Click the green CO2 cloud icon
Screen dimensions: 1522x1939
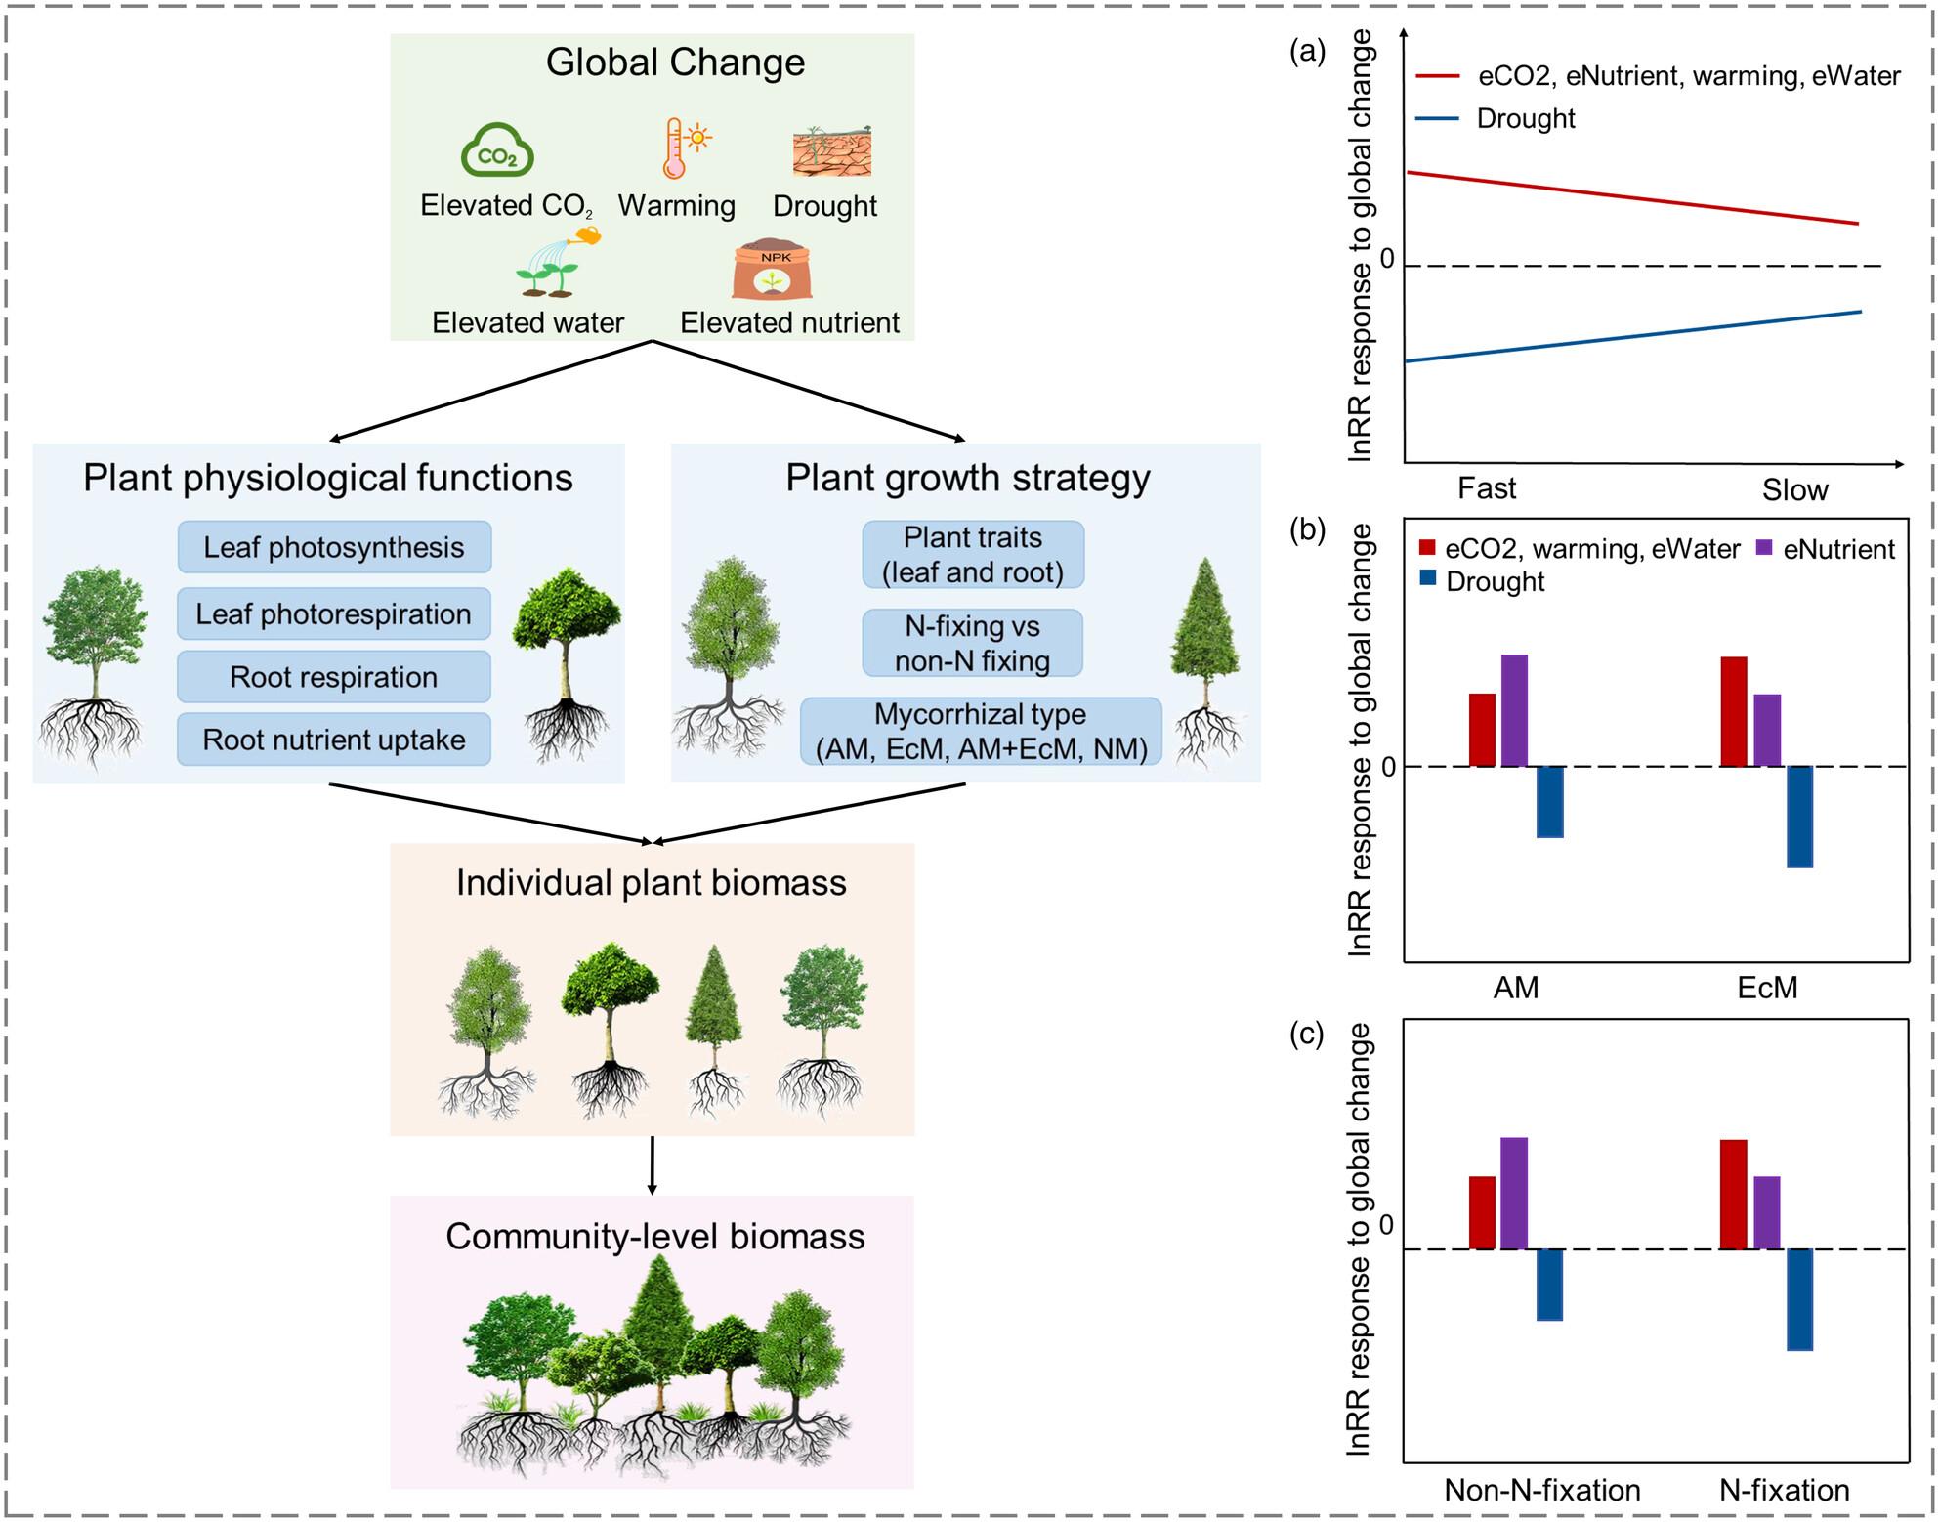pos(497,150)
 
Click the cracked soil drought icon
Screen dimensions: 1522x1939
pos(831,150)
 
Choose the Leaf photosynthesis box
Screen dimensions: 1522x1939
pos(334,547)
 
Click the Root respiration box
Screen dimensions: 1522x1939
pos(334,677)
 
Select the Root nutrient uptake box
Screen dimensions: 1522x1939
pos(334,740)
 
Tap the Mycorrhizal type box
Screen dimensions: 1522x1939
pos(981,731)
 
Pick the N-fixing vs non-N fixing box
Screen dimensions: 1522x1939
pos(972,643)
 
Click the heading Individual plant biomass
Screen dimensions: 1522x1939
pos(652,882)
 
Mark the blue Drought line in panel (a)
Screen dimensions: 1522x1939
pos(1631,337)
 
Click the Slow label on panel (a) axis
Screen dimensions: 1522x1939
pos(1794,489)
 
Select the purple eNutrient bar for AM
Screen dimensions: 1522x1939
pos(1514,710)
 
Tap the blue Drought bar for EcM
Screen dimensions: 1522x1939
pos(1799,817)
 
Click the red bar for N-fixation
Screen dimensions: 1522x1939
pos(1733,1194)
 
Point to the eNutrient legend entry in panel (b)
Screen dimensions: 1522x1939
pos(1827,549)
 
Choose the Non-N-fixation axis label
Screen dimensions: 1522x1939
pos(1542,1490)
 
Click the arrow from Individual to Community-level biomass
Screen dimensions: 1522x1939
pos(653,1164)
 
